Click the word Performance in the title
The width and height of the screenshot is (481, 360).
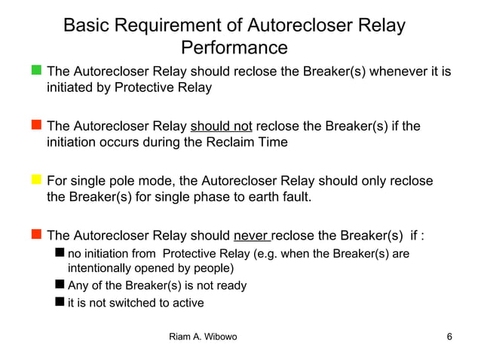tap(234, 48)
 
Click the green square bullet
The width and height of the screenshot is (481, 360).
tap(36, 72)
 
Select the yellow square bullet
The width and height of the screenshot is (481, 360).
tap(36, 180)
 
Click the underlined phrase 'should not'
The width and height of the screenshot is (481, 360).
tap(221, 126)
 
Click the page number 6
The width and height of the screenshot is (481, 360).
tap(449, 337)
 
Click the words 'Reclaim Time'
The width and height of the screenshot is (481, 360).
tap(250, 142)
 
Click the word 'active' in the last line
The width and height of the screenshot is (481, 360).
tap(186, 304)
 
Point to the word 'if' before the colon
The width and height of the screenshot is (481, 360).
tap(415, 235)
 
